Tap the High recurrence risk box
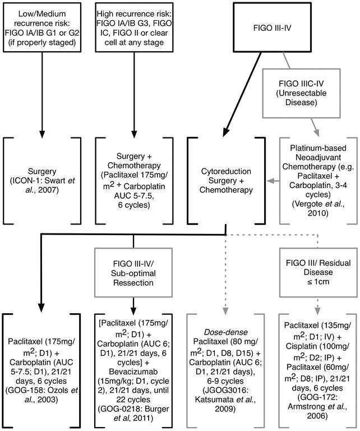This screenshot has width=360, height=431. pos(134,27)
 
